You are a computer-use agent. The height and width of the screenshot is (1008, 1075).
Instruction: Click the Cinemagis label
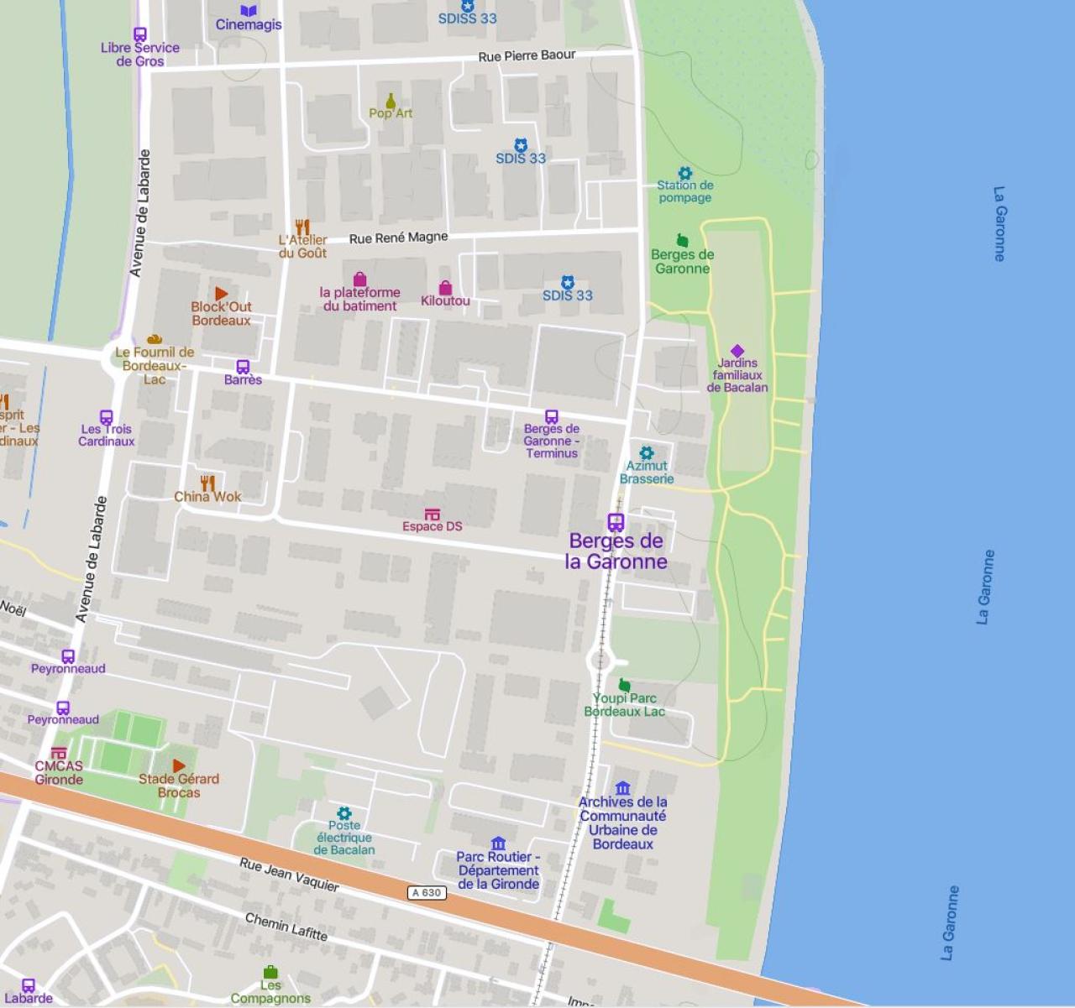pos(249,24)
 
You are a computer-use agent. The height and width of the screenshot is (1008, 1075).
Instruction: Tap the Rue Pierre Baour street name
pos(527,56)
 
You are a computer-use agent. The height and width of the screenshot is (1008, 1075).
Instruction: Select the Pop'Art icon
pos(391,101)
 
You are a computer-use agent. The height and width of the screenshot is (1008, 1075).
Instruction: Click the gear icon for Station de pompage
pos(684,173)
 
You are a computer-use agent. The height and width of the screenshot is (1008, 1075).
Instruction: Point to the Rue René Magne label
pos(398,238)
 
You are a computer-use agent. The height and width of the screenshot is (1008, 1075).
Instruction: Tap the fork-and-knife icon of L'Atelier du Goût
pos(302,227)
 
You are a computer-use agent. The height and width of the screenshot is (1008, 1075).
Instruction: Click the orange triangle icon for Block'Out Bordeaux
pos(221,293)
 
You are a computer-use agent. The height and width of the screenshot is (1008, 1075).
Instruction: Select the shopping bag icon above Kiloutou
pos(445,288)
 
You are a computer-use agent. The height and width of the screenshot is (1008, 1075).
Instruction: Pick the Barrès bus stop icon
pos(243,367)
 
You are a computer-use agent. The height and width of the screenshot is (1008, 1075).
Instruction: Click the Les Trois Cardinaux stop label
pos(107,435)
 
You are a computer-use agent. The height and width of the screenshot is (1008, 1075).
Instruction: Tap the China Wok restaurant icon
pos(207,483)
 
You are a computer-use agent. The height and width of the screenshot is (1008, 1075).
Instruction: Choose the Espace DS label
pos(432,526)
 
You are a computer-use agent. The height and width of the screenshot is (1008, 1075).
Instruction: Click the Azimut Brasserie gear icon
pos(646,453)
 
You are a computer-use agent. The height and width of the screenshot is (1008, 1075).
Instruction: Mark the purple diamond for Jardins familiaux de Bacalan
pos(737,351)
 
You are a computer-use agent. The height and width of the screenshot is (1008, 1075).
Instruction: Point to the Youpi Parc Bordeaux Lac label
pos(624,705)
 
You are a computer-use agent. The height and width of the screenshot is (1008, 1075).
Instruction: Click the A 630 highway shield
pos(427,892)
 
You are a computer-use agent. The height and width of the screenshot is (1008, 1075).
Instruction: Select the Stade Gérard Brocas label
pos(179,786)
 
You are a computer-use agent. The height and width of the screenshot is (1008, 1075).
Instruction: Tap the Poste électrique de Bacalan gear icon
pos(343,813)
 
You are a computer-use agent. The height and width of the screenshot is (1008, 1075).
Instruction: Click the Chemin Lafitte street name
pos(286,926)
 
